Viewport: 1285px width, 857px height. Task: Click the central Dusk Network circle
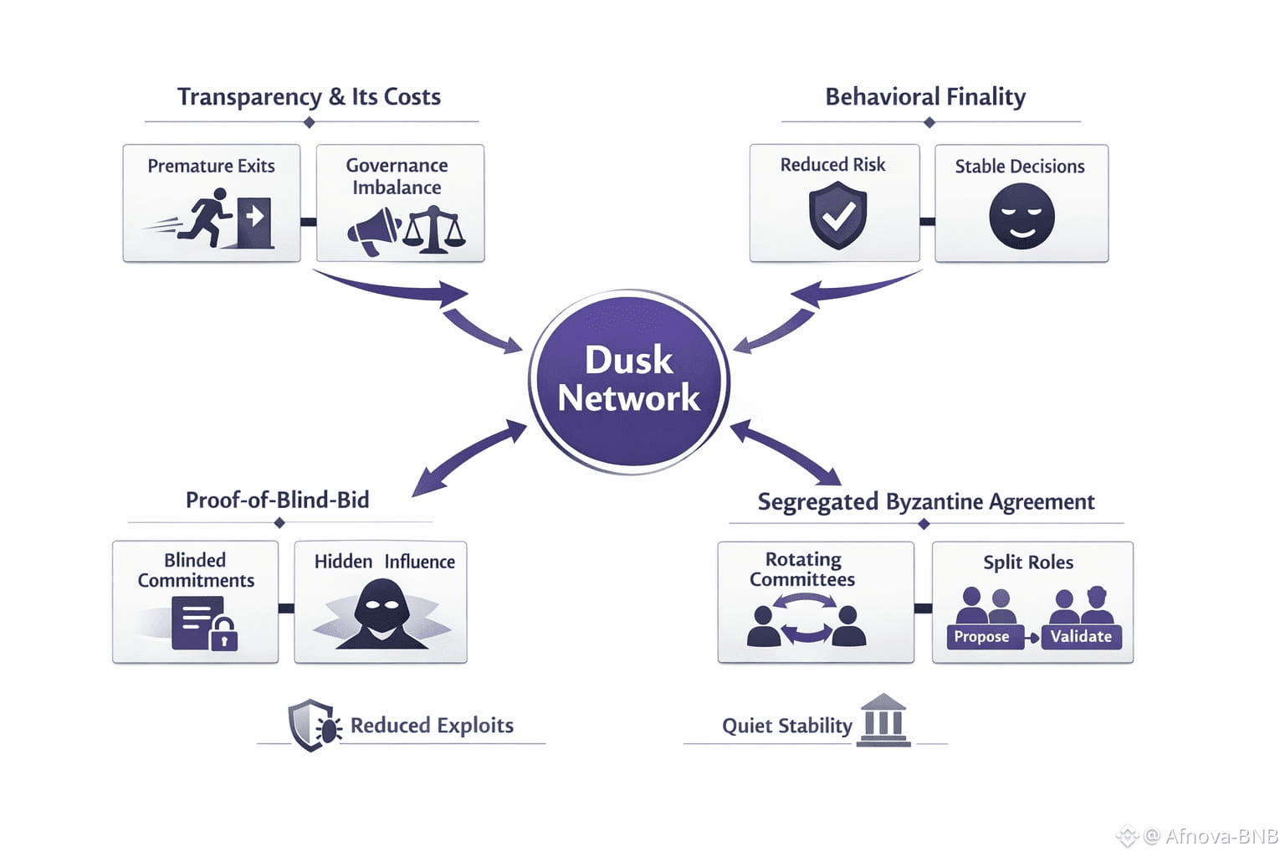629,382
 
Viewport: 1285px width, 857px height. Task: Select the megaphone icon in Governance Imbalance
374,231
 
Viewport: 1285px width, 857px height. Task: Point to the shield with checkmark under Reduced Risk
837,216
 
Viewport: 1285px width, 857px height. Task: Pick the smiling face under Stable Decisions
1021,217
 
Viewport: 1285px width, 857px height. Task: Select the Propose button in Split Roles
982,637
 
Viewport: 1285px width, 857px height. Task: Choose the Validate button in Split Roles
1081,637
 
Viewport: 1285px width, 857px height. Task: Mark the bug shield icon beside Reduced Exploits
314,725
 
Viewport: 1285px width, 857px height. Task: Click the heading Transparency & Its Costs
309,97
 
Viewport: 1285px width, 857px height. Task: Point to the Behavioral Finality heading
925,97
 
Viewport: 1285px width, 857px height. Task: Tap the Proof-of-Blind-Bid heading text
277,500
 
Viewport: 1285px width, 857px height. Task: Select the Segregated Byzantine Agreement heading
925,502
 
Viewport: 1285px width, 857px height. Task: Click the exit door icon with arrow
255,222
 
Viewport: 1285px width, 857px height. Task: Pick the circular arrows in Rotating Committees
804,619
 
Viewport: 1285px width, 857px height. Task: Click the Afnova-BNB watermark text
1221,836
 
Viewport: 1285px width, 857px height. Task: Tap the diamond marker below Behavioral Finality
929,123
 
